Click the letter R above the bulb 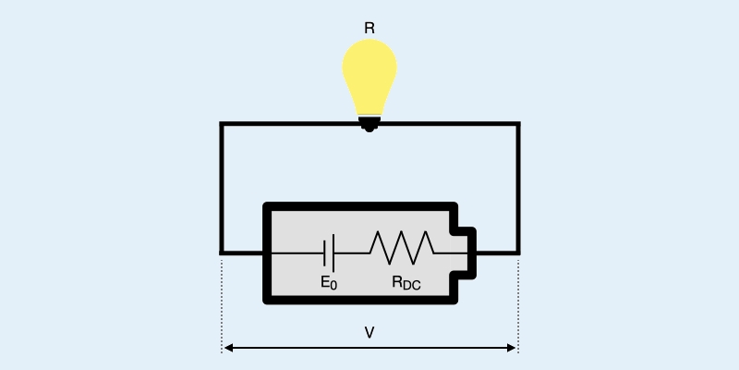(369, 29)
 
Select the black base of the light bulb (369, 121)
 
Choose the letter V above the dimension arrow (369, 331)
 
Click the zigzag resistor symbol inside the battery (401, 247)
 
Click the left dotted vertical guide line (222, 305)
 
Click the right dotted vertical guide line (518, 305)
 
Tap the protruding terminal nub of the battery (466, 251)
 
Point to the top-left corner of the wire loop (222, 124)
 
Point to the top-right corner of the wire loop (517, 124)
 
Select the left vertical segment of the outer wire (222, 185)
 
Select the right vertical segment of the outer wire (517, 185)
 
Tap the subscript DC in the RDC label (412, 287)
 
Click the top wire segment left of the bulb (286, 124)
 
